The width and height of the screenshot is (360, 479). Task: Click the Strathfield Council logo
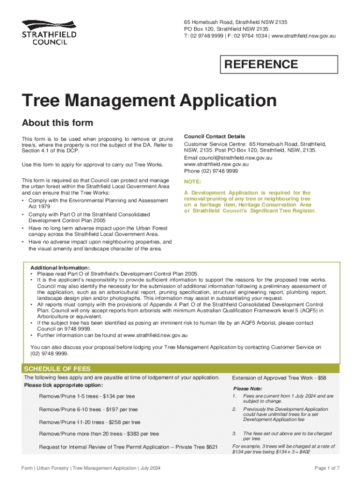tap(49, 32)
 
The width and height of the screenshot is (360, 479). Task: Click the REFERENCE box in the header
tap(279, 65)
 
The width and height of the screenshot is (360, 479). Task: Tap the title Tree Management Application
tap(149, 101)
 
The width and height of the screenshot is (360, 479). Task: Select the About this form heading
tap(58, 123)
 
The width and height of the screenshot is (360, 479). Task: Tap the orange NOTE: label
tap(193, 181)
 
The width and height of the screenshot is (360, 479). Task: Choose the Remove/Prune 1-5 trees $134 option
tap(87, 397)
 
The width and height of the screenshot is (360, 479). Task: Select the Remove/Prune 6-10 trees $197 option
tap(88, 409)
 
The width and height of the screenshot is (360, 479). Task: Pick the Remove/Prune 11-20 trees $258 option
tap(90, 422)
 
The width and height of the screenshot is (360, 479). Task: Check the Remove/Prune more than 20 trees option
tap(99, 434)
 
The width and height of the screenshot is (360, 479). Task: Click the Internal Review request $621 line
tap(128, 447)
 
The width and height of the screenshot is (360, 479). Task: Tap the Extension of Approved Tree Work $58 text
tap(279, 377)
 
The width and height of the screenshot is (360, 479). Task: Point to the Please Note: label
tap(247, 389)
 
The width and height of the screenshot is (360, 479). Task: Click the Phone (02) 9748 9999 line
tap(211, 171)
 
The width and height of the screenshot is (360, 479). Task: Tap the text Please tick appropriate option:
tap(63, 385)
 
